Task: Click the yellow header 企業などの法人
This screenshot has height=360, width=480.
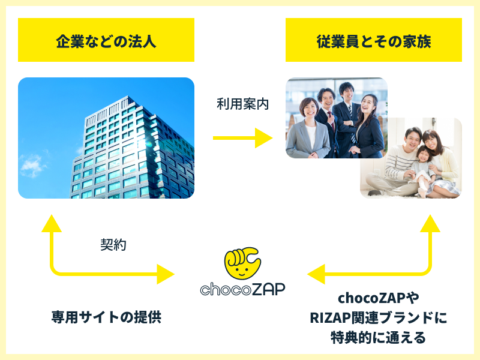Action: point(106,40)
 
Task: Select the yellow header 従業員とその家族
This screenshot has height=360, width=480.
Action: point(373,40)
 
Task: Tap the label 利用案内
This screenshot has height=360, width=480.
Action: point(242,104)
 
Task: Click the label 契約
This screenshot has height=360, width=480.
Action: point(113,245)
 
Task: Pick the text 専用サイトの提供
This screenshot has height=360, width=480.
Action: point(106,317)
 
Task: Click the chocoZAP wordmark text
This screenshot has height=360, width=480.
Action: point(242,289)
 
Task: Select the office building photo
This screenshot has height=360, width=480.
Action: point(106,138)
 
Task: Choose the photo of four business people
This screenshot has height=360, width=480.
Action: point(336,118)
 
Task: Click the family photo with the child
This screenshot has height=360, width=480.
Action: point(411,159)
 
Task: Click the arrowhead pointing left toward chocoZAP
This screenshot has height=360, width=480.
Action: point(316,275)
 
